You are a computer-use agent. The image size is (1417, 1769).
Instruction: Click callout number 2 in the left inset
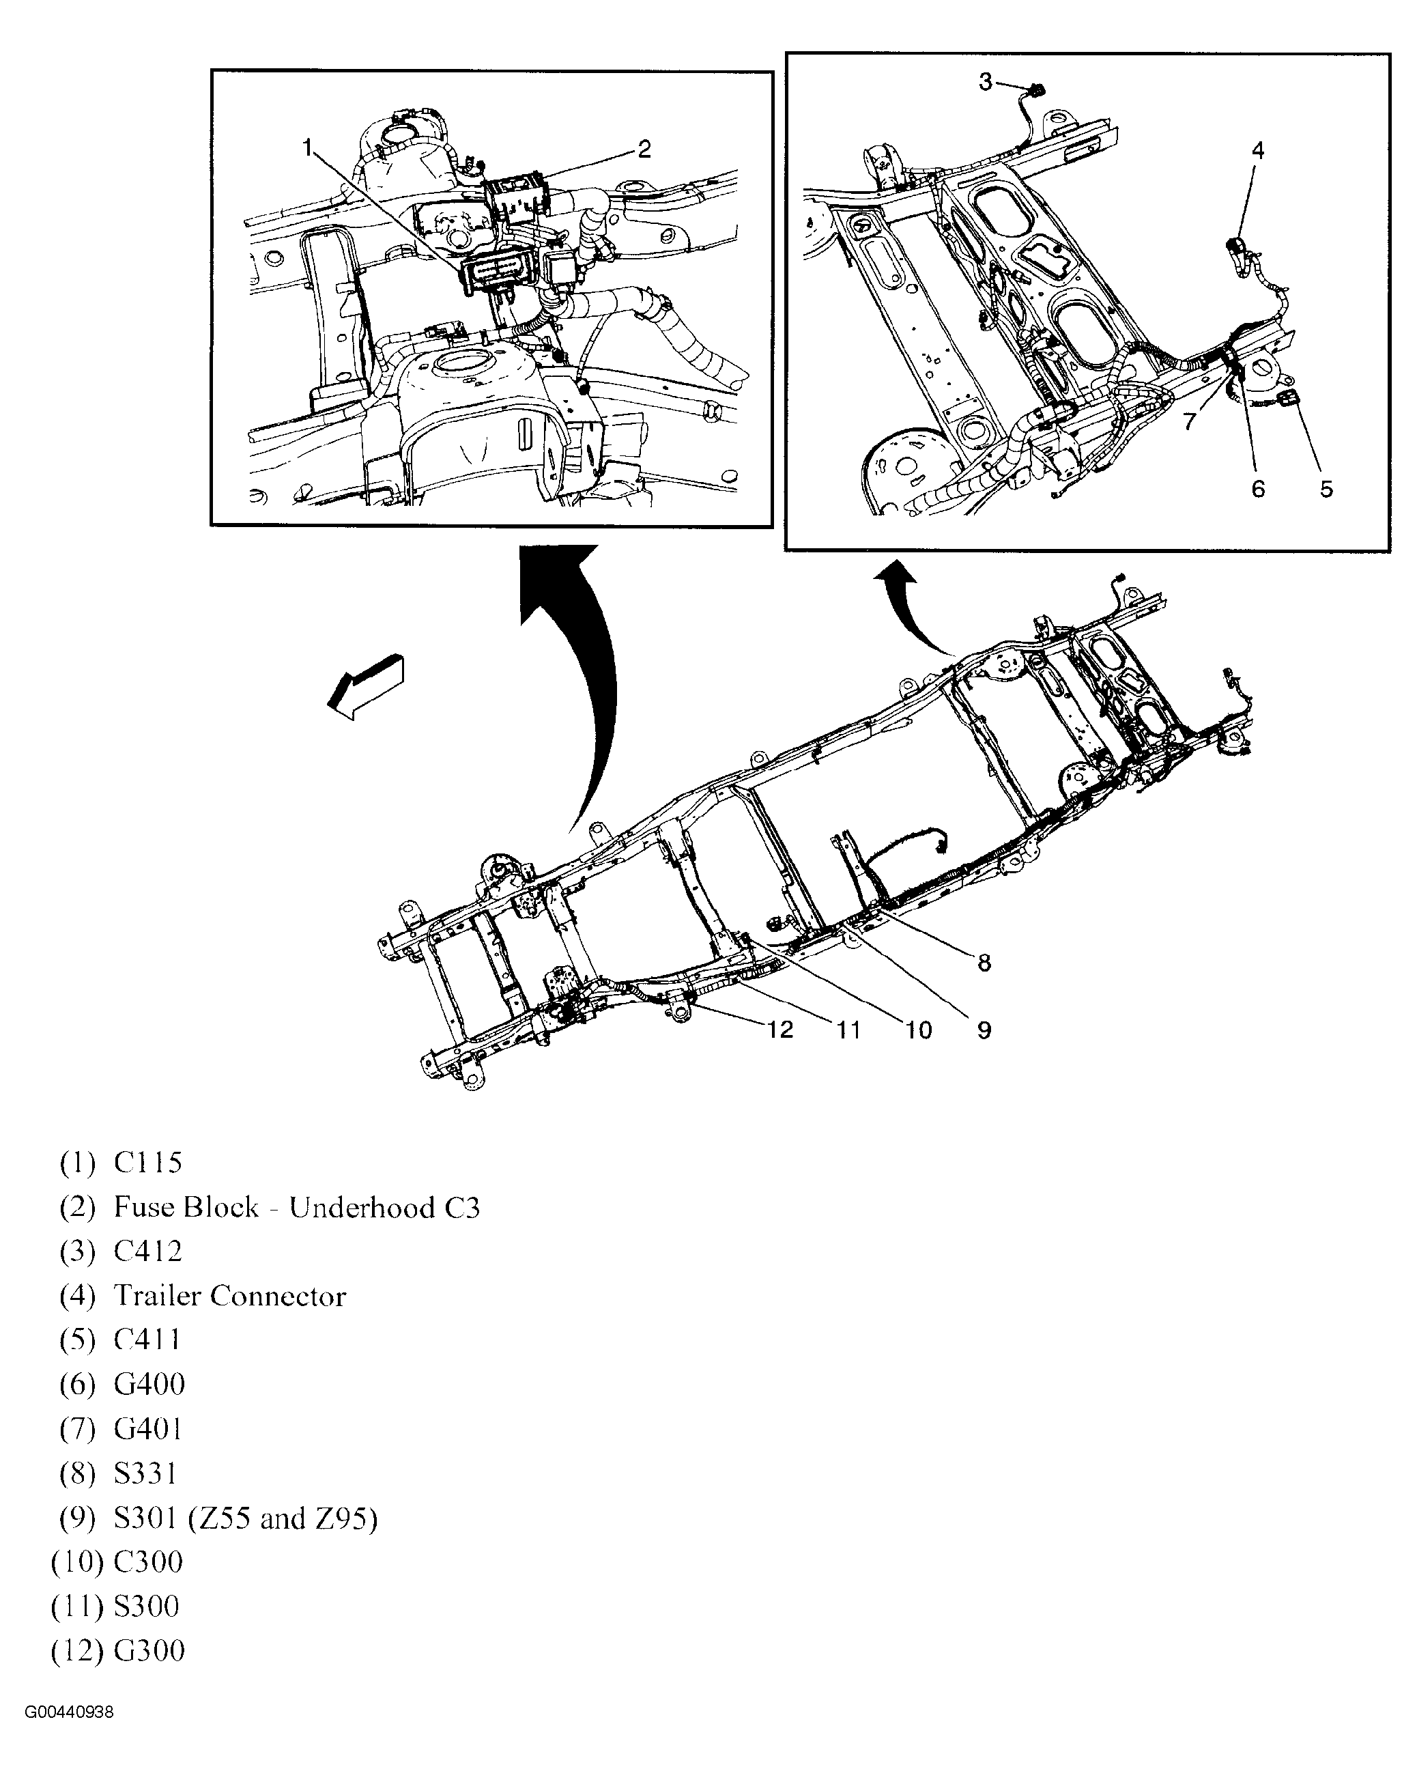click(x=644, y=149)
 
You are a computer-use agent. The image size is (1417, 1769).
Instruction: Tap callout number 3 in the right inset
click(x=986, y=81)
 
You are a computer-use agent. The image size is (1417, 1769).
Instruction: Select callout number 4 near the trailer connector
click(x=1258, y=150)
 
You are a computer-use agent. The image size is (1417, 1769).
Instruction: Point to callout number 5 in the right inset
click(x=1327, y=489)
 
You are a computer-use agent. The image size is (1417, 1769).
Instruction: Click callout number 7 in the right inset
click(x=1190, y=421)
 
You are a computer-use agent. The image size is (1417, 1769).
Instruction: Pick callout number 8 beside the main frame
click(x=985, y=963)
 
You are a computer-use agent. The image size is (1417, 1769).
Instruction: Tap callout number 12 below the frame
click(x=780, y=1029)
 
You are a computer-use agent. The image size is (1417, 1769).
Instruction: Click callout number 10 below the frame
click(x=918, y=1030)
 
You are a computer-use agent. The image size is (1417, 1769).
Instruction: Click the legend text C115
click(x=147, y=1163)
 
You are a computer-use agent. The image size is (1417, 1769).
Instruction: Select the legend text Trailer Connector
click(x=230, y=1296)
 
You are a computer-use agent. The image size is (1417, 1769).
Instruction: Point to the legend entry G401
click(x=147, y=1429)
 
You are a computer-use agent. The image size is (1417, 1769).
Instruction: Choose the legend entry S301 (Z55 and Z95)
click(x=245, y=1518)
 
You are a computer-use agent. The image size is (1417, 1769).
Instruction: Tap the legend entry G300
click(x=149, y=1651)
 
